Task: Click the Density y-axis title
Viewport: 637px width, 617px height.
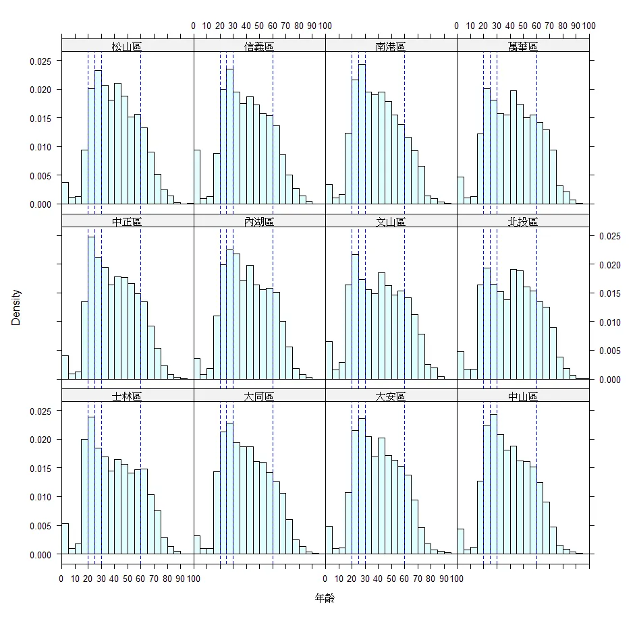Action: [16, 307]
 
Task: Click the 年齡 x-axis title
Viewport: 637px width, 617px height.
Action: [325, 598]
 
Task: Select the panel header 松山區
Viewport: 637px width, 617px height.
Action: [127, 47]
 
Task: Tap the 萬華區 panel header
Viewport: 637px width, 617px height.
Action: [523, 47]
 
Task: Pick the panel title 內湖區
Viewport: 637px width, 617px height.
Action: [259, 222]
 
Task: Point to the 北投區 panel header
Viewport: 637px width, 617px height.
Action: [523, 222]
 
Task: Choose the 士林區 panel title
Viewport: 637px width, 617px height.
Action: [127, 396]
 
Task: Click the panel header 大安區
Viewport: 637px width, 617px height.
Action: [391, 396]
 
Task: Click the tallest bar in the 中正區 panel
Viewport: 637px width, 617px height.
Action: [91, 307]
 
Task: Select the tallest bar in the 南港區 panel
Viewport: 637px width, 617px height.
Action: [362, 135]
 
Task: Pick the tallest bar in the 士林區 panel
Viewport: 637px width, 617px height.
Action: [91, 486]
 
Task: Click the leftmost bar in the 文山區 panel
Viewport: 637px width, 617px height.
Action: [329, 360]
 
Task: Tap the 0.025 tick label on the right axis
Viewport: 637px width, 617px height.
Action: [610, 236]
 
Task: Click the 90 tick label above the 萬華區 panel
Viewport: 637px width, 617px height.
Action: [576, 26]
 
